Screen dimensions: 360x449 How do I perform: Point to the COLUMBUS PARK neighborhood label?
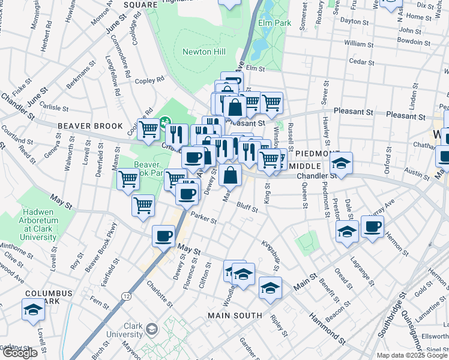(48, 298)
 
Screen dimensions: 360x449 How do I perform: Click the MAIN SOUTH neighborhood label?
(235, 315)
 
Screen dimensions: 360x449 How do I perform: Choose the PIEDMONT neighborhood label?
(311, 154)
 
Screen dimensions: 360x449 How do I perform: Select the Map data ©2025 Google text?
(412, 355)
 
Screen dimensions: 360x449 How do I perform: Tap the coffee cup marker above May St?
(163, 236)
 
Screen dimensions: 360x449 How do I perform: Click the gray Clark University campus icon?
(152, 329)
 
